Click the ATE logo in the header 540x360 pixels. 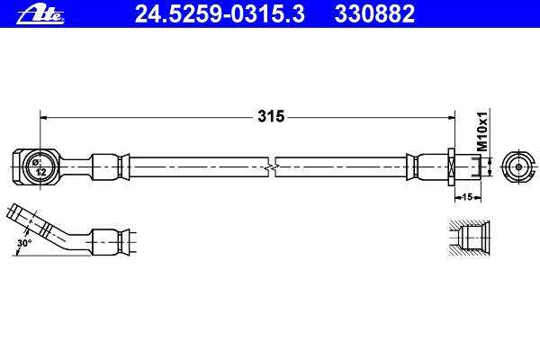[40, 14]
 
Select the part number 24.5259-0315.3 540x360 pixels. [220, 13]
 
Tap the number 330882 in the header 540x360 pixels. [374, 13]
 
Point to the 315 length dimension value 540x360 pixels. [271, 116]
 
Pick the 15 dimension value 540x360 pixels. [467, 197]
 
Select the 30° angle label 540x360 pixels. [24, 243]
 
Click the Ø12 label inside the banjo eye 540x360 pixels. [39, 167]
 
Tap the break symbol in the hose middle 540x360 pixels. [272, 167]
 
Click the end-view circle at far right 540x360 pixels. [518, 167]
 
